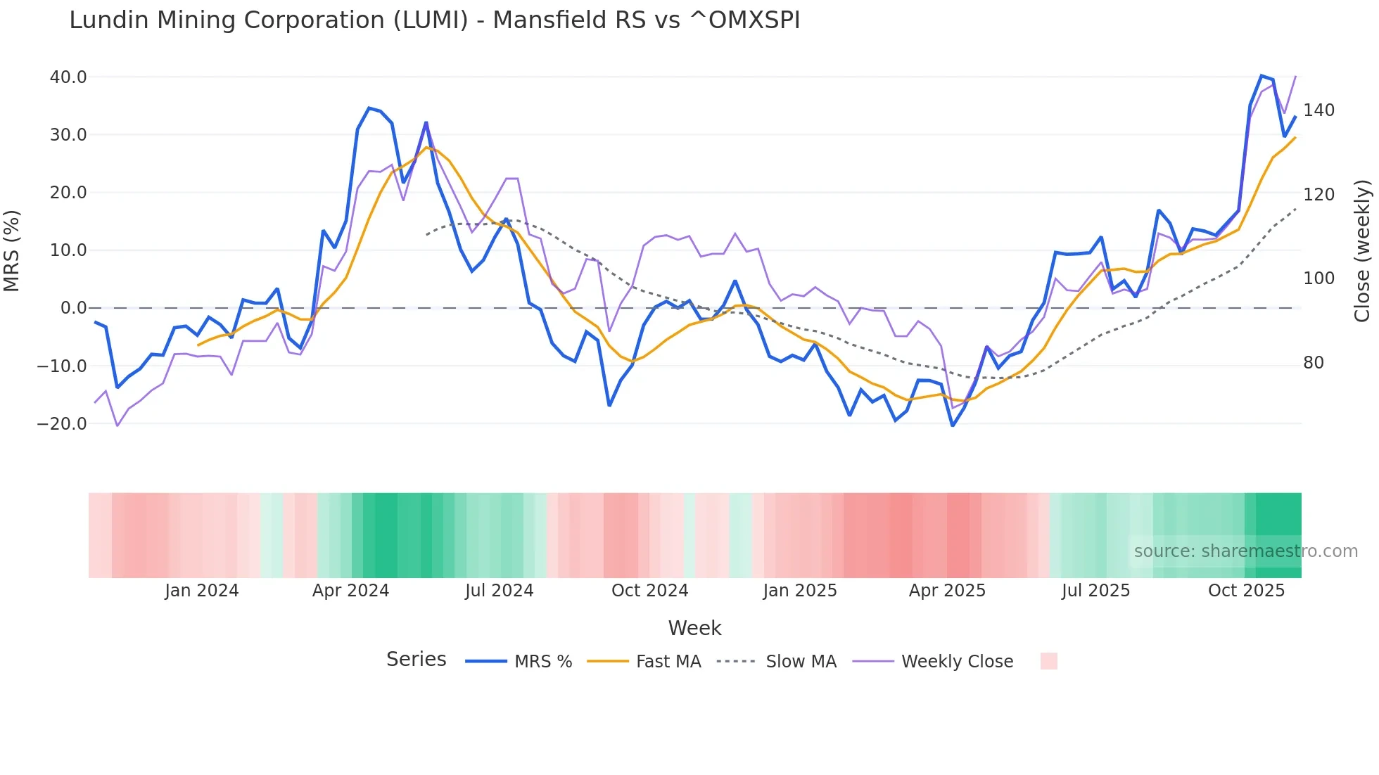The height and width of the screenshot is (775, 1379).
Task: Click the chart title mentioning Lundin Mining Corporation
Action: coord(434,20)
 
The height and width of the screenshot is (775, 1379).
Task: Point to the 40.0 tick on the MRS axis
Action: coord(68,77)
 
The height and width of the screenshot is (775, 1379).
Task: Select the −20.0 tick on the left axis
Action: coord(62,424)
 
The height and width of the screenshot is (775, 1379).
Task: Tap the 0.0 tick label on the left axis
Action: coord(73,308)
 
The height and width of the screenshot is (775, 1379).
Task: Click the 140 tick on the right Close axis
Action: coord(1318,110)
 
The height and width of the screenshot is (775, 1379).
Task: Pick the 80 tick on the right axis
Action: coord(1313,363)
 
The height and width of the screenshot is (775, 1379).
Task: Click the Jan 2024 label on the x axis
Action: coord(202,591)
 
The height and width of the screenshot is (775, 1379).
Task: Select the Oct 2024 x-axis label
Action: coord(649,591)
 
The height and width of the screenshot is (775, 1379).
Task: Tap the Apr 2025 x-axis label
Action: coord(947,591)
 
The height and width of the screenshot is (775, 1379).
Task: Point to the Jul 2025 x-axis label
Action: coord(1095,591)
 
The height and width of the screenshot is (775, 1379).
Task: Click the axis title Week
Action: coord(694,628)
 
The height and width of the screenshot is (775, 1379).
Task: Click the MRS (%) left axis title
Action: coord(12,250)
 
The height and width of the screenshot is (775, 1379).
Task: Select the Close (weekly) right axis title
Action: coord(1362,250)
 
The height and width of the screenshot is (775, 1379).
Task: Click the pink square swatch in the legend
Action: coord(1048,661)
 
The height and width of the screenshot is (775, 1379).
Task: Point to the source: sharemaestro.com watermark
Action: coord(1245,551)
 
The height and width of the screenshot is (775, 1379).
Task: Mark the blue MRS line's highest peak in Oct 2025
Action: coord(1262,75)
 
